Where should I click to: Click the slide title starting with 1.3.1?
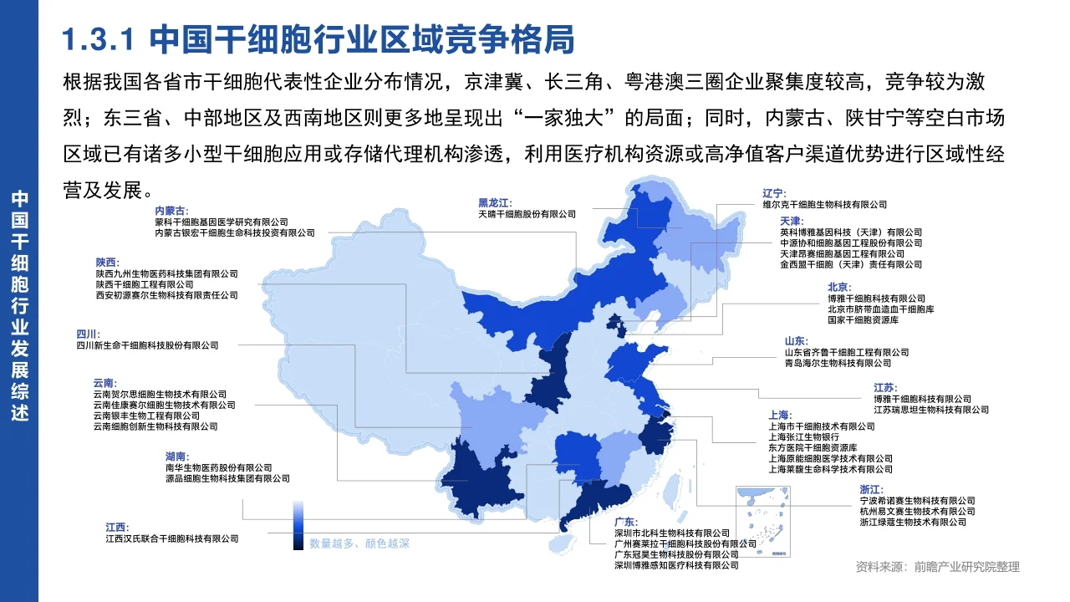(x=318, y=39)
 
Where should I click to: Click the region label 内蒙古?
(x=171, y=211)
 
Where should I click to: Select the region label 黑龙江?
(x=495, y=202)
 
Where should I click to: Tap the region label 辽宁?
(x=774, y=193)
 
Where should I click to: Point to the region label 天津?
(x=791, y=221)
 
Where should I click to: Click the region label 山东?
(x=797, y=341)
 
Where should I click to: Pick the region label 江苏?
(x=885, y=388)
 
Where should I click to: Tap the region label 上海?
(x=780, y=415)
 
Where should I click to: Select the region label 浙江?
(x=871, y=489)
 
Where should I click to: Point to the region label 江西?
(x=118, y=528)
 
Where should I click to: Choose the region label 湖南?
(x=178, y=457)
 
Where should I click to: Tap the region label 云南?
(x=105, y=383)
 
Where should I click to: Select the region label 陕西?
(x=108, y=262)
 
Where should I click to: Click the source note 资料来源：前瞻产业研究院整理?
(x=937, y=567)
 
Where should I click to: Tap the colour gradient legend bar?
(x=298, y=525)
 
